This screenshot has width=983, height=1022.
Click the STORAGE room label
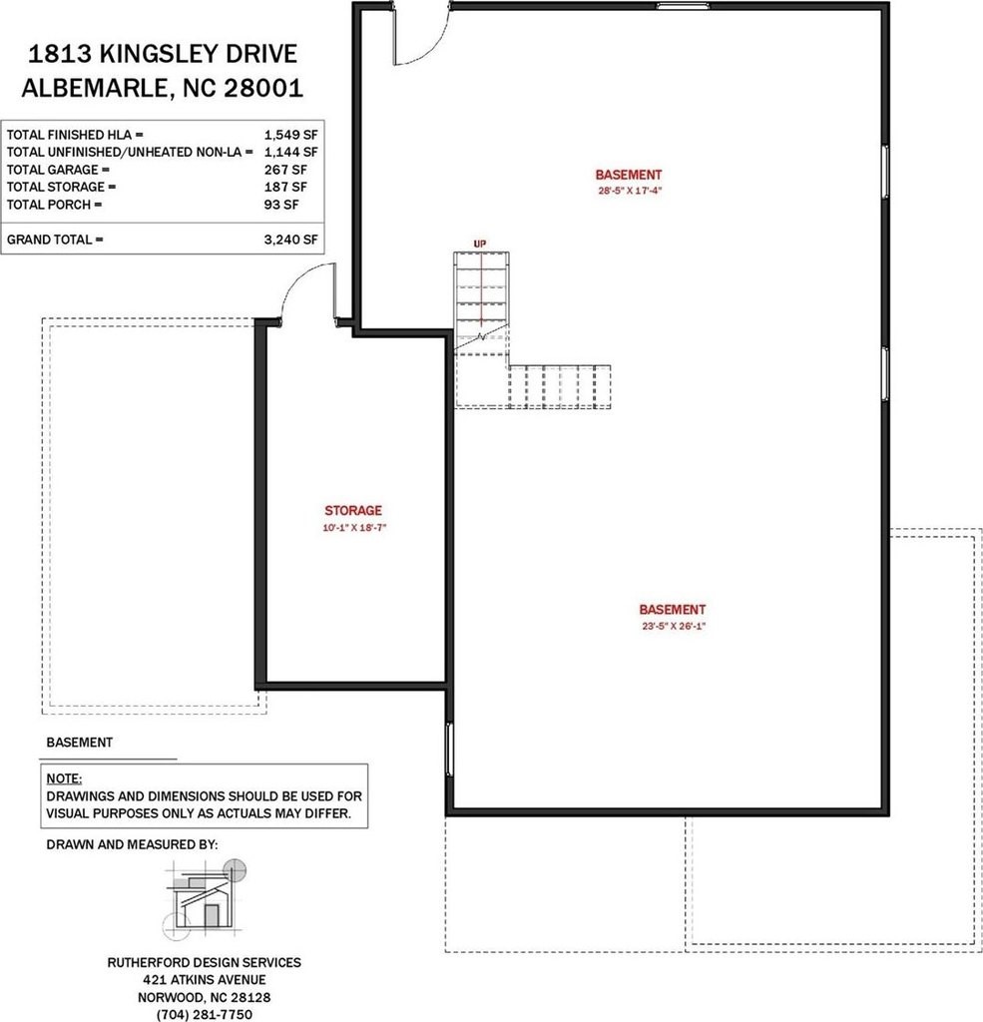tap(353, 510)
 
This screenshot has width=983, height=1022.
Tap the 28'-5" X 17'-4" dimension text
tap(630, 191)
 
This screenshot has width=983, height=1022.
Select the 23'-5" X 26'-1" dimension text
tap(674, 626)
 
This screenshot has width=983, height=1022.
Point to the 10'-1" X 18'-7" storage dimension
tap(354, 527)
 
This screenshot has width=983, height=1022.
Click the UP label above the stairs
tap(480, 244)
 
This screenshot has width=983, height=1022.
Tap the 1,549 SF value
tap(290, 135)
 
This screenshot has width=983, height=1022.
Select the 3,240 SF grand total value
tap(290, 240)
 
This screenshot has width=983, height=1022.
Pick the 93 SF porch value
tap(281, 205)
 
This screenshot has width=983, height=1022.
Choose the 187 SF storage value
tap(285, 187)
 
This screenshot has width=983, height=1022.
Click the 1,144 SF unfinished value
tap(290, 152)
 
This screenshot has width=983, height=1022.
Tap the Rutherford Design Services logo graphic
tap(206, 899)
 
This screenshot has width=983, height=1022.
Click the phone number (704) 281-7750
tap(204, 1014)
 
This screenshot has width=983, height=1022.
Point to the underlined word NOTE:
tap(64, 778)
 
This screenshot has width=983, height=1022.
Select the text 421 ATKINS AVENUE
tap(204, 980)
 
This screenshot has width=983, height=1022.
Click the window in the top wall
tap(683, 6)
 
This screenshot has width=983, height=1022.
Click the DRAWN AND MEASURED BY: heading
tap(132, 844)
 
